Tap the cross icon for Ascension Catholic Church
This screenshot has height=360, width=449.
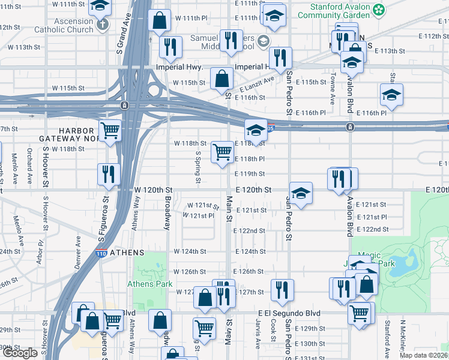(x=103, y=25)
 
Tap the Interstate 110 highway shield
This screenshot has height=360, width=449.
(x=101, y=253)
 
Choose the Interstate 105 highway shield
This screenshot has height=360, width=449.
(x=271, y=127)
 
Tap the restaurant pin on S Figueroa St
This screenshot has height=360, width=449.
(x=109, y=173)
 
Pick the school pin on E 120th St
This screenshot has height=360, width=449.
(x=301, y=193)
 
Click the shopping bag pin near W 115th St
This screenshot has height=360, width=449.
(x=222, y=77)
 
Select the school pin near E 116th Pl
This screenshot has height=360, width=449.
(x=391, y=94)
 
